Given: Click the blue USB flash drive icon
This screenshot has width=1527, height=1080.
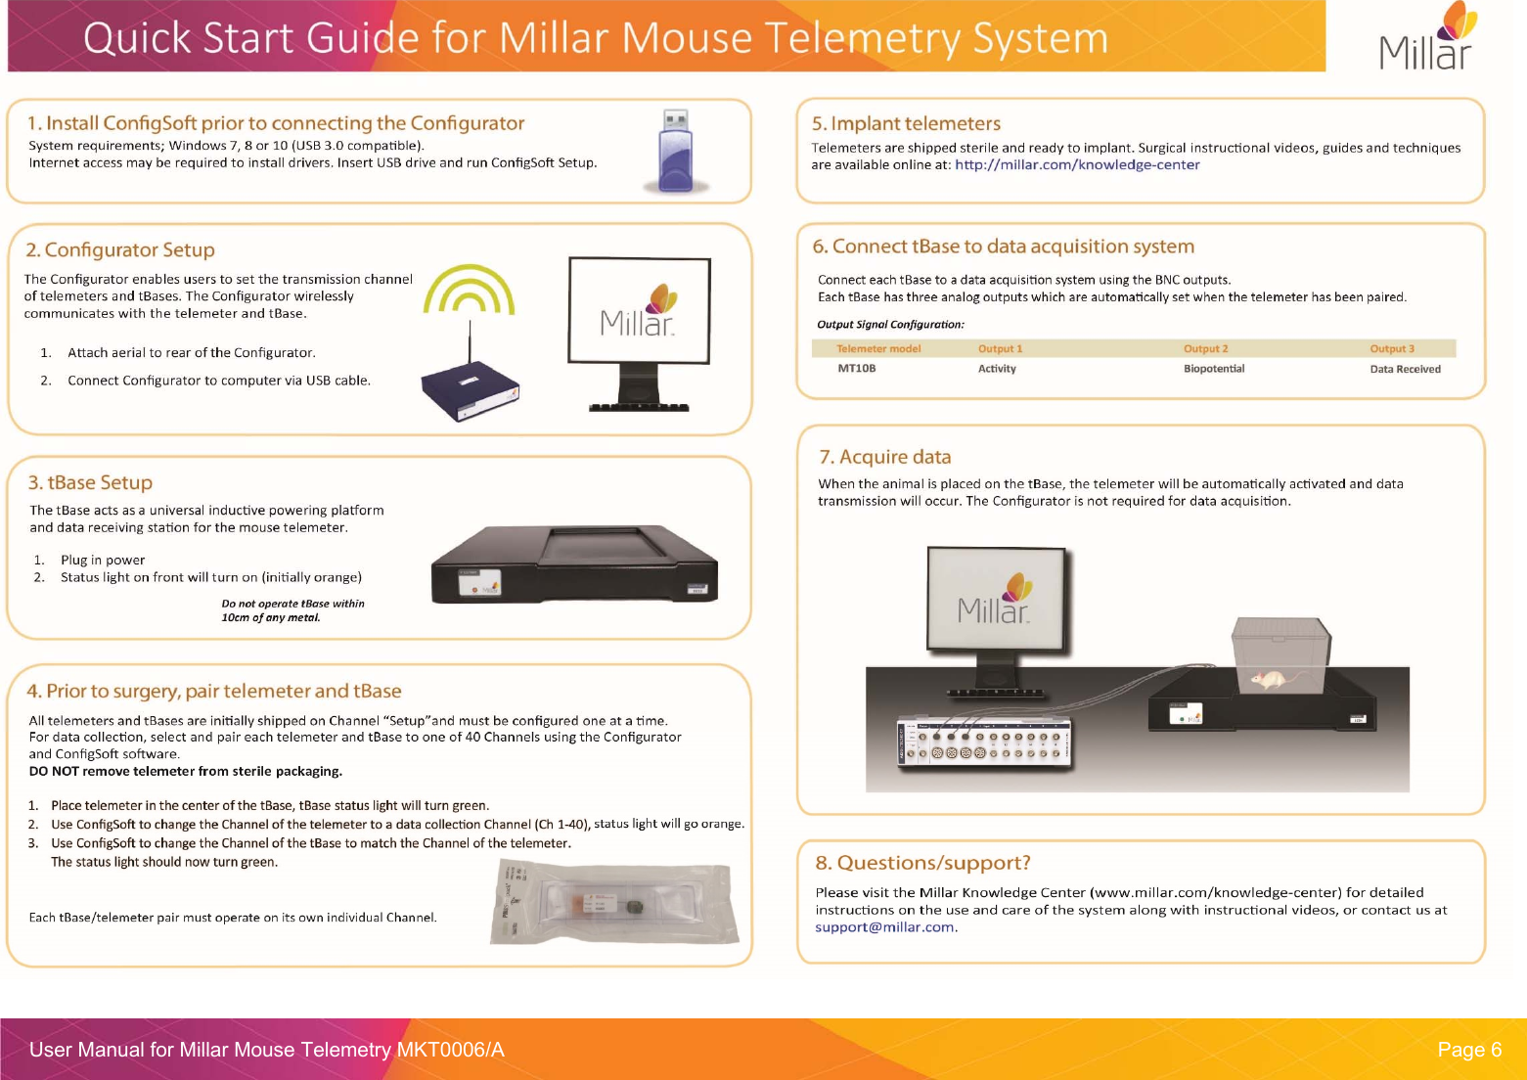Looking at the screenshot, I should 676,152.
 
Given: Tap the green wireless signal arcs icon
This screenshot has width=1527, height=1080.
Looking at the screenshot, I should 470,292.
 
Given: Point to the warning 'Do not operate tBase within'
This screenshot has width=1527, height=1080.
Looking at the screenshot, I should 292,604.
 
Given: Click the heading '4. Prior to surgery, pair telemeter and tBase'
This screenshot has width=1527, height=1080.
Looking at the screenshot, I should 214,691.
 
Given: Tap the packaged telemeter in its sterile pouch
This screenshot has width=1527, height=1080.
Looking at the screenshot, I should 611,904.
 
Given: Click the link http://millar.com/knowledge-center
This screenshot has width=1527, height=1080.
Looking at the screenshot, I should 1077,164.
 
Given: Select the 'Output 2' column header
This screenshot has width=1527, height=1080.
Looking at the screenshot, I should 1205,348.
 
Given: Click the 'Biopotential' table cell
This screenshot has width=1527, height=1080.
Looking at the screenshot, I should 1214,369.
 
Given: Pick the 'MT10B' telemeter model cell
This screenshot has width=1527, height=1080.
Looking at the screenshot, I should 856,369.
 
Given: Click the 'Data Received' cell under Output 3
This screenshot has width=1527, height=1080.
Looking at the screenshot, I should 1405,369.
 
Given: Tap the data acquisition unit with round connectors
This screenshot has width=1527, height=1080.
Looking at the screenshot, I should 984,742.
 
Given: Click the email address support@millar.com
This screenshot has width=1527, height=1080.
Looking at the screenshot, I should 885,927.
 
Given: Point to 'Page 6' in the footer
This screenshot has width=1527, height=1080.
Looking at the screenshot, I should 1468,1050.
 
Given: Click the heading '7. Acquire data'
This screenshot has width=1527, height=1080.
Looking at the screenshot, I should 884,457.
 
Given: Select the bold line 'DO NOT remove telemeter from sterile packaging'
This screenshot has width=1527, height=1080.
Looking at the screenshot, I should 186,771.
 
